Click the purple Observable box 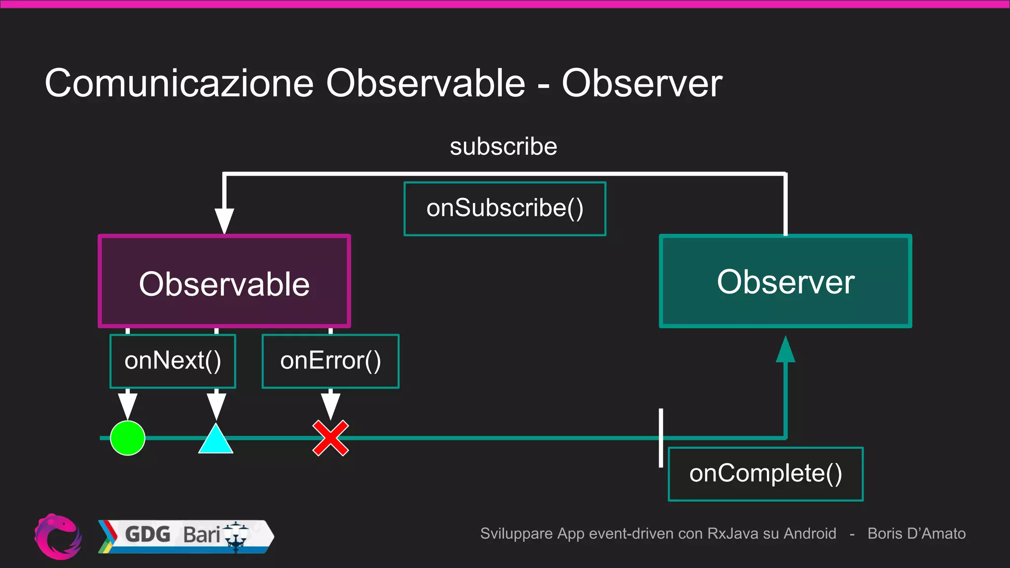(224, 282)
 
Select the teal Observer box (785, 282)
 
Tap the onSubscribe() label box (505, 209)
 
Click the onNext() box (173, 361)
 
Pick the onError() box (330, 361)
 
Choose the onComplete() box (765, 474)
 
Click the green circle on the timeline (128, 438)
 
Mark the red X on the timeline (330, 438)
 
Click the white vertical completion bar (661, 437)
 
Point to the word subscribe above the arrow (503, 147)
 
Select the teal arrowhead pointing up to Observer (785, 350)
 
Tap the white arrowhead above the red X (330, 404)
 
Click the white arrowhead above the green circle (128, 404)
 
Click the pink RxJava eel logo (58, 536)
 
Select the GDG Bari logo (185, 536)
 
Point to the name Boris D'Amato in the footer (916, 533)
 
